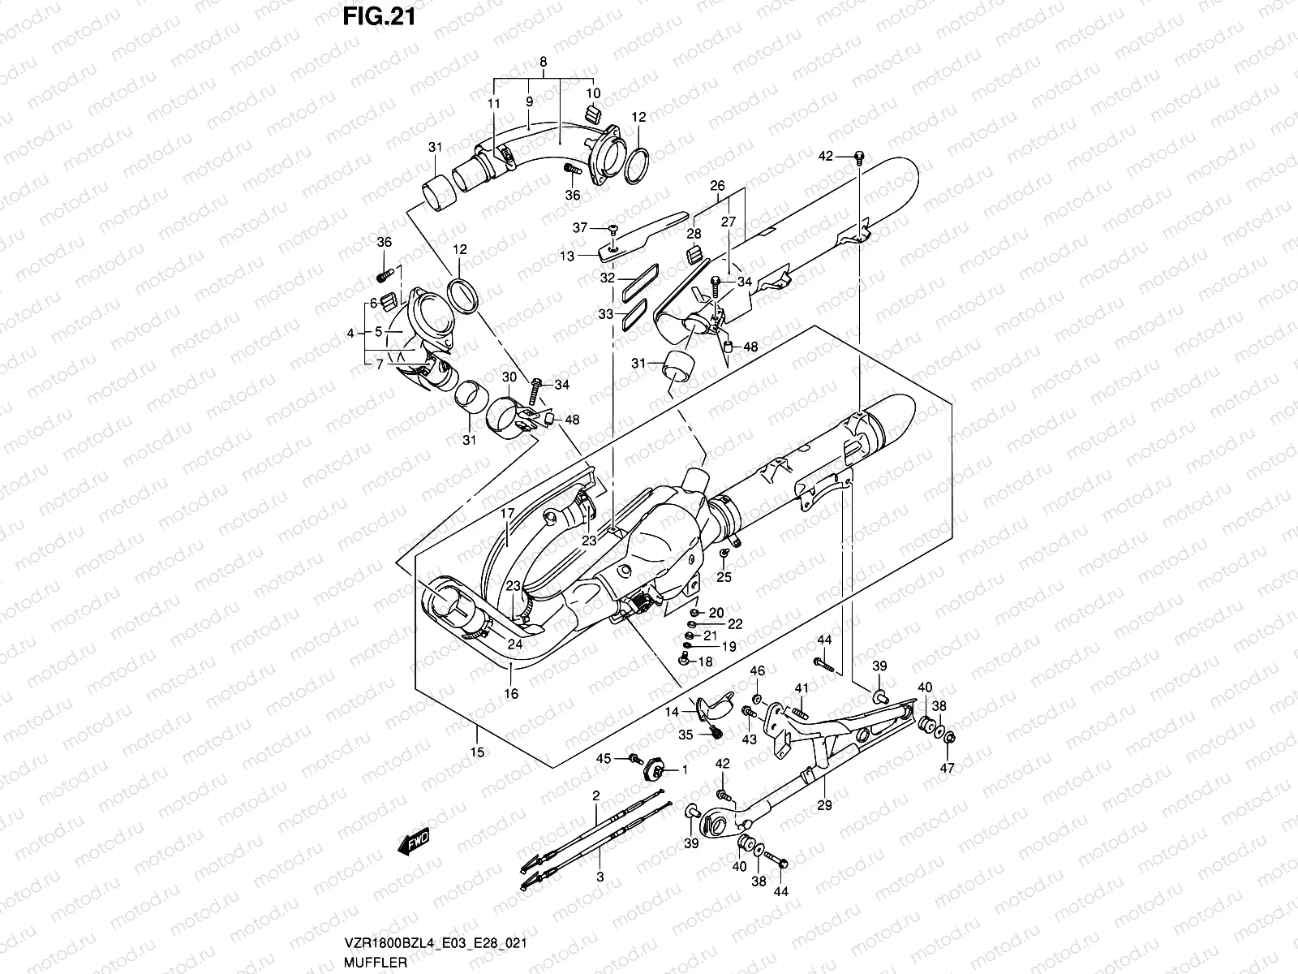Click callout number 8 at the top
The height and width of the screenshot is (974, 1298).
(543, 62)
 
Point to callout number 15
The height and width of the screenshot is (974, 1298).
(477, 752)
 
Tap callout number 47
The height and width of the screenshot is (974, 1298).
(948, 767)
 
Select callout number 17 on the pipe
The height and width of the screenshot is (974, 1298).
(507, 514)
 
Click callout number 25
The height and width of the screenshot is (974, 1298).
(724, 577)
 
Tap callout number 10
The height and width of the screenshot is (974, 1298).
(593, 93)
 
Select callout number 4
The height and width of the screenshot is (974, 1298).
(350, 333)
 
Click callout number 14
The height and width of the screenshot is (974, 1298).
(672, 712)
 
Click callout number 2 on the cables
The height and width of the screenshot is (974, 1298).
(595, 795)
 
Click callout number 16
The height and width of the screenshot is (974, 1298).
(510, 694)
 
